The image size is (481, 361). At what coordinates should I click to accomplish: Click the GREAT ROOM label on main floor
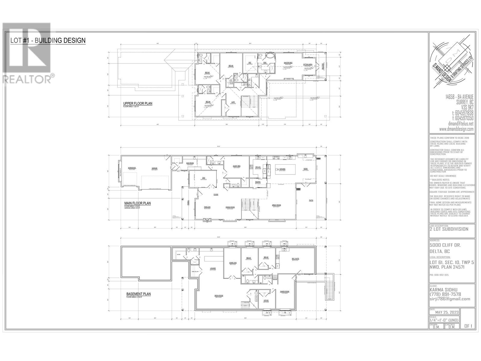click(276, 205)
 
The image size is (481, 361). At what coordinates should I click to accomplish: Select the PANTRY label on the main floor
click(258, 182)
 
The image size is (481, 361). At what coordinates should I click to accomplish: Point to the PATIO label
click(311, 200)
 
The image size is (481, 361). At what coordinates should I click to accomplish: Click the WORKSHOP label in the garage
click(132, 168)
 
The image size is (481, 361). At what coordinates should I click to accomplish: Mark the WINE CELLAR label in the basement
click(195, 271)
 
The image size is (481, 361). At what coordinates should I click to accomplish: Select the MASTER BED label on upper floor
click(288, 63)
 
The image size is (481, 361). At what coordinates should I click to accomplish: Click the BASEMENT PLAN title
click(139, 294)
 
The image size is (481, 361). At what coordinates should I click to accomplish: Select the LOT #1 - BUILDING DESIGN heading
click(48, 40)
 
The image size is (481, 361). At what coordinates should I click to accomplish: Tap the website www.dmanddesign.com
click(456, 129)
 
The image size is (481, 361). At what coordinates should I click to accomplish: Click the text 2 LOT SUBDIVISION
click(449, 229)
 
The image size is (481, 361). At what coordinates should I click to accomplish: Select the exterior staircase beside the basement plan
click(329, 286)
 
